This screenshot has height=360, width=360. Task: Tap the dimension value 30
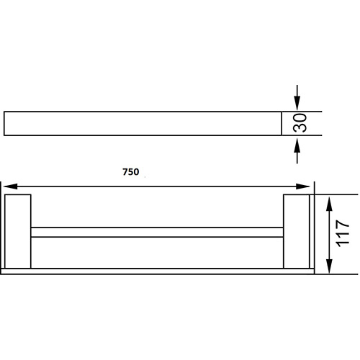(301, 123)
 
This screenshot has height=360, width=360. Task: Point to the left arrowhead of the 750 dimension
(10, 186)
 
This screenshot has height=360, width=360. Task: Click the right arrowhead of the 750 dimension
(305, 186)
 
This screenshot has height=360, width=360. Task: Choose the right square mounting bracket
(296, 230)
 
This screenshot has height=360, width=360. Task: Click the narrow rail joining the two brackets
(156, 233)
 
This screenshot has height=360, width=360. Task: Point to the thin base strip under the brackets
(156, 271)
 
